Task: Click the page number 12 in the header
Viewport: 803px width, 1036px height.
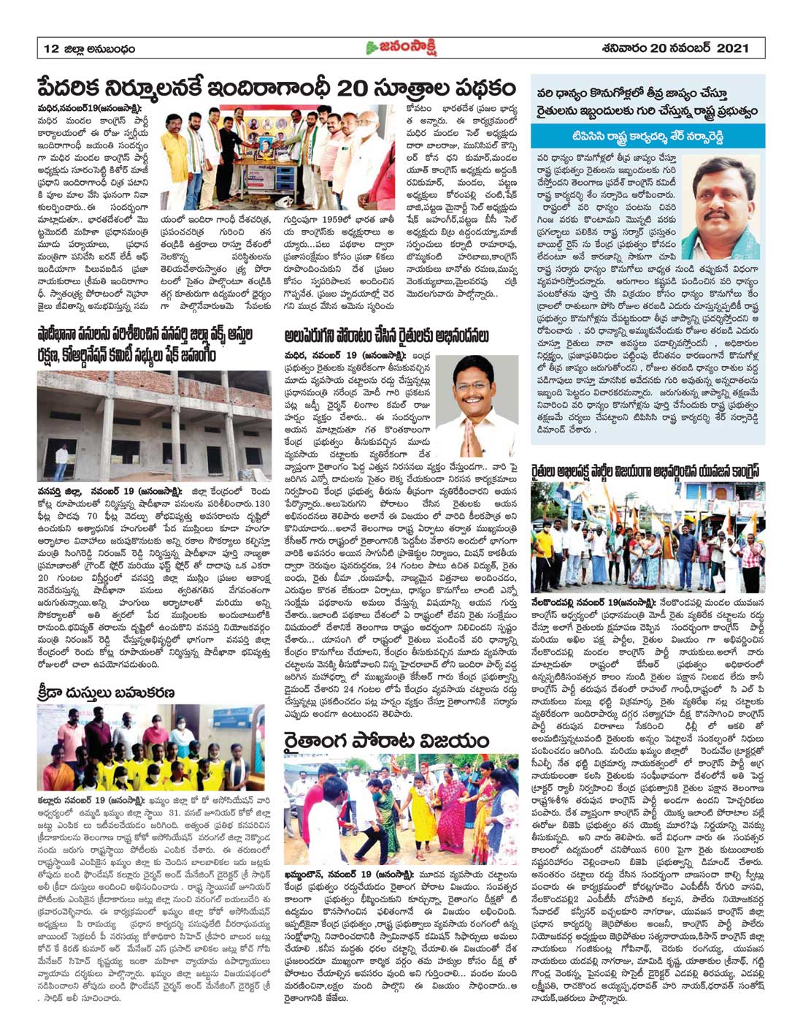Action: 50,49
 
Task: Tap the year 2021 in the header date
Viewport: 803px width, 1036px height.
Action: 732,48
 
